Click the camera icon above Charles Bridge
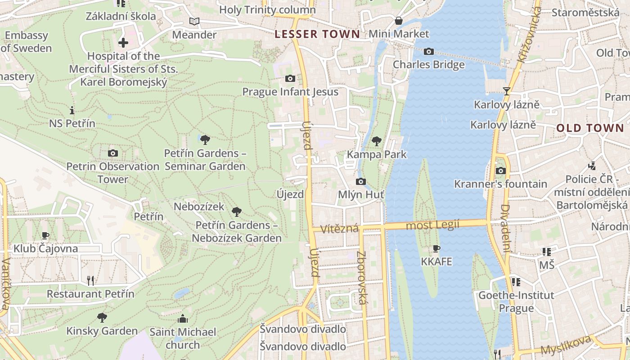tap(428, 52)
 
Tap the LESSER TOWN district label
tap(317, 34)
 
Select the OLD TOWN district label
tap(590, 128)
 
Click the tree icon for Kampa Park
tap(376, 141)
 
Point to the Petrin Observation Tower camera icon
tap(113, 153)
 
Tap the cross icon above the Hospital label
tap(123, 43)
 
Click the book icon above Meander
tap(194, 21)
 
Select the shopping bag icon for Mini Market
tap(398, 21)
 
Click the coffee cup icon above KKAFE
tap(436, 248)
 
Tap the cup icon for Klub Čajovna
tap(45, 235)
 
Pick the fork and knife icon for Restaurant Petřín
tap(90, 281)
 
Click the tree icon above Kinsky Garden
tap(102, 318)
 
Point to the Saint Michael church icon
tap(183, 319)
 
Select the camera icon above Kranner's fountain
tap(500, 171)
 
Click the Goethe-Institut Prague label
tap(516, 302)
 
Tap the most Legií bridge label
tap(432, 225)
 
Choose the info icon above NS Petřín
tap(72, 110)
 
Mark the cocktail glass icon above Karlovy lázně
tap(506, 91)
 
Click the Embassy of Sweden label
tap(27, 42)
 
